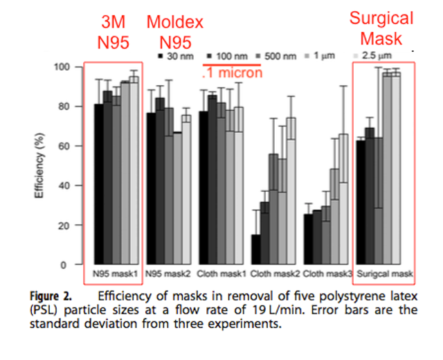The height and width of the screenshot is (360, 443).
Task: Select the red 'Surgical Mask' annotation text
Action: (x=381, y=28)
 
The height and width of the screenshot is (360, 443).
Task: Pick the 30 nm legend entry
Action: (x=175, y=55)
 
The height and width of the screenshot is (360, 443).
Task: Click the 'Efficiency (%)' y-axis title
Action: (x=39, y=166)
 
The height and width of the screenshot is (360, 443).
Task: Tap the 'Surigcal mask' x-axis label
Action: (x=385, y=274)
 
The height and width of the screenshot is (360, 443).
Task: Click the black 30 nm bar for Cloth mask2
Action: (x=256, y=250)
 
